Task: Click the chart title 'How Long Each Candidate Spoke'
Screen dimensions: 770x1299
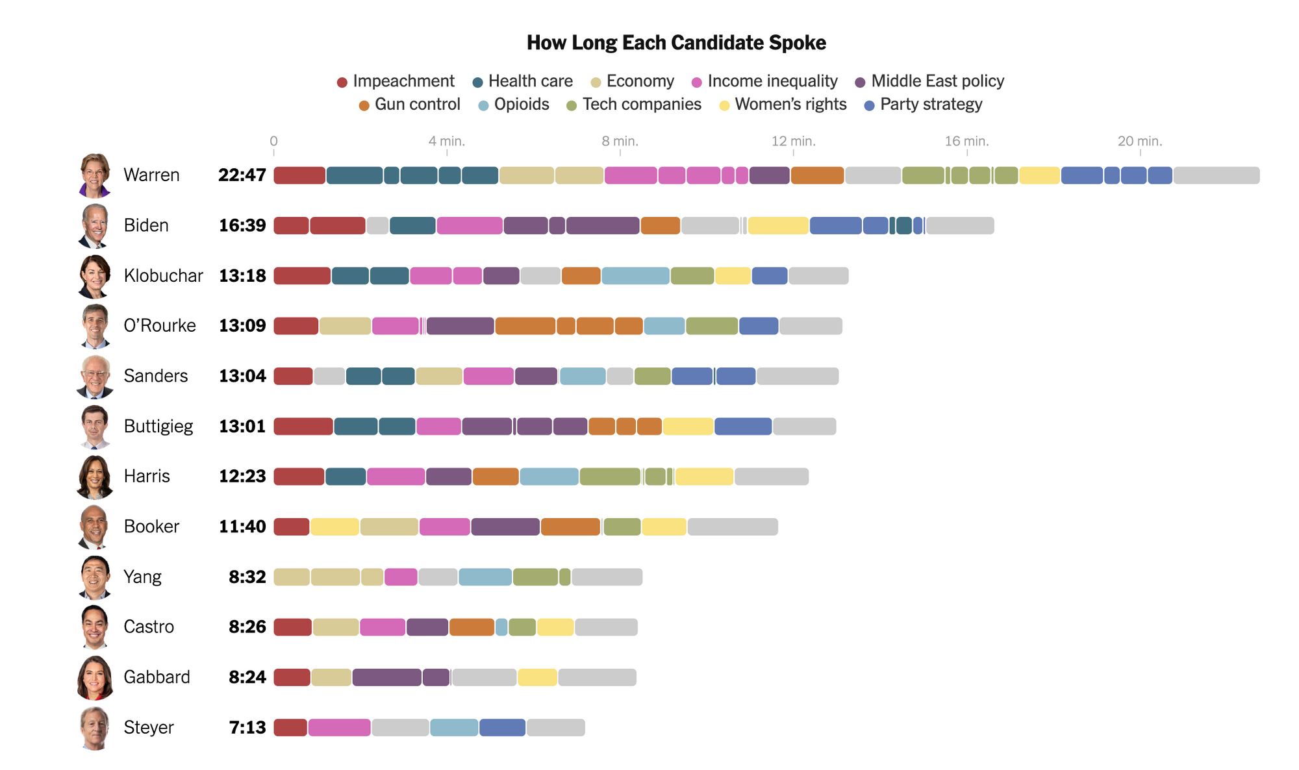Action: point(676,43)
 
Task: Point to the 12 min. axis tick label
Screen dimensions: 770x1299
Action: point(793,141)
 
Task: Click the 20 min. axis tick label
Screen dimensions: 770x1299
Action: point(1140,141)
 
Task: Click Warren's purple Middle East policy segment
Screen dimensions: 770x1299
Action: point(769,175)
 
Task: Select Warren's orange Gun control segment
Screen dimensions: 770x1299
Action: point(817,175)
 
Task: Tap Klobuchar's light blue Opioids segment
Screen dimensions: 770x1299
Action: point(635,276)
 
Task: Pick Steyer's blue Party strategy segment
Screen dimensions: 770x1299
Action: point(502,728)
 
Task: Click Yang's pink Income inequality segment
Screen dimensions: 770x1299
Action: point(401,577)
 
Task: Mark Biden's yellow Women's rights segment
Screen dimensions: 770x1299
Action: point(778,226)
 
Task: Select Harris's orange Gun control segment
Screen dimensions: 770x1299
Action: point(496,477)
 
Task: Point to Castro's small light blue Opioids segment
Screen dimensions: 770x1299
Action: point(501,627)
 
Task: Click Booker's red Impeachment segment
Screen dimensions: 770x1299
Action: point(292,527)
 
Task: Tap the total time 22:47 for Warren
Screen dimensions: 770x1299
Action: point(242,175)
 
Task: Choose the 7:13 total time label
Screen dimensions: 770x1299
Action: point(247,728)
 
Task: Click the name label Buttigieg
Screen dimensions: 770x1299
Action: point(158,427)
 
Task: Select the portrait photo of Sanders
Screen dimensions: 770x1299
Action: point(95,376)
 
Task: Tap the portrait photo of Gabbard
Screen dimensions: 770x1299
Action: point(95,677)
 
